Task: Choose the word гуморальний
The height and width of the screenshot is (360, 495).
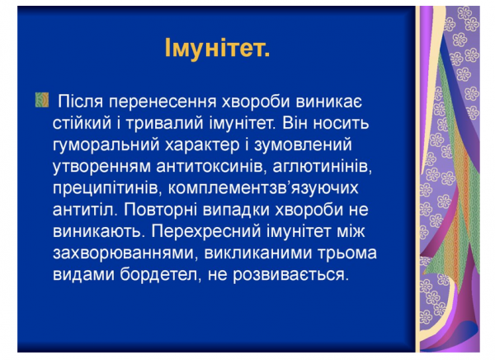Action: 107,145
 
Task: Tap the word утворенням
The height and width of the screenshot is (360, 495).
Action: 103,167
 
